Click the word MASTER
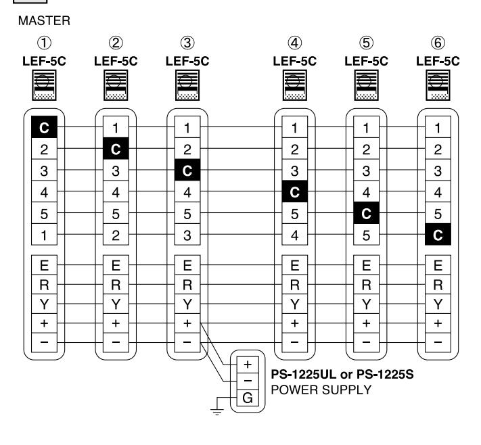point(44,21)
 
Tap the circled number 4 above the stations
point(294,43)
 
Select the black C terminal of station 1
point(44,127)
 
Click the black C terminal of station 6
point(438,234)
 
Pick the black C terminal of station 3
point(187,170)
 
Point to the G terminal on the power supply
point(248,398)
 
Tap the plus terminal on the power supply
point(248,365)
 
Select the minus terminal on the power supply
point(248,381)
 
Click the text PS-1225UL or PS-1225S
point(342,375)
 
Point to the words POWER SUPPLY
point(321,390)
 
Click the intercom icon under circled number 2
point(116,85)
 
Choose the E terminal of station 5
point(366,265)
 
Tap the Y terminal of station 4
point(294,304)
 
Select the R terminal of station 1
point(44,285)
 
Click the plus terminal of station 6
point(438,323)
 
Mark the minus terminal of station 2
point(116,342)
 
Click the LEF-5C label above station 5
point(366,62)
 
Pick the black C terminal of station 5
point(366,213)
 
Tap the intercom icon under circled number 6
point(438,85)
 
